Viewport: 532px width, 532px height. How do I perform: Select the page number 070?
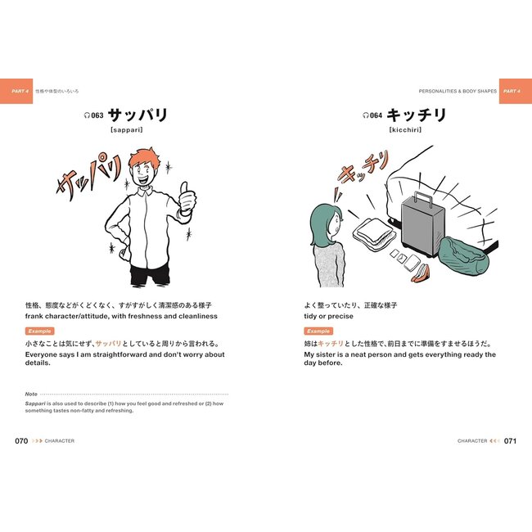coord(21,440)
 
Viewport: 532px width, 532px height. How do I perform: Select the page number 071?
coord(510,440)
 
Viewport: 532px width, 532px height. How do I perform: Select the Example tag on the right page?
coord(318,331)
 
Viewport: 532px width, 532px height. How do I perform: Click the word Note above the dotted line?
coord(31,394)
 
